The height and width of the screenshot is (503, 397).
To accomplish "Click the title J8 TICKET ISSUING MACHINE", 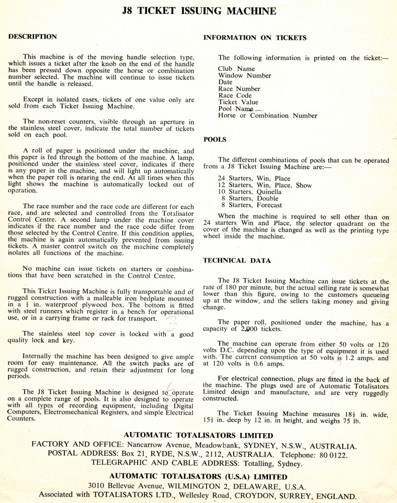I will [x=198, y=11].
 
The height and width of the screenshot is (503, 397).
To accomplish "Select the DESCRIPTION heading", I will [x=33, y=37].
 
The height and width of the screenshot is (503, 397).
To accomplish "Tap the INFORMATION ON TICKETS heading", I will [x=255, y=38].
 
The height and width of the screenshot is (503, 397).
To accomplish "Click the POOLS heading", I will [x=215, y=139].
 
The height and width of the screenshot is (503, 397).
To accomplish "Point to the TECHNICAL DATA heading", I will [x=237, y=261].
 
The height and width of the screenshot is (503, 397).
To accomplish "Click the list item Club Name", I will [x=236, y=69].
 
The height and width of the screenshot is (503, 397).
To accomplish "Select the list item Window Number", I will [x=244, y=75].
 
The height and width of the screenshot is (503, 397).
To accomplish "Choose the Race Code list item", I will [x=235, y=96].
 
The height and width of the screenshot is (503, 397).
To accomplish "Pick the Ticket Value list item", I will [x=238, y=102].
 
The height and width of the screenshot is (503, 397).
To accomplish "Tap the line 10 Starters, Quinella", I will [x=250, y=192].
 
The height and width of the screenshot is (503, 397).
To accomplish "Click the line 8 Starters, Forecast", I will [x=250, y=205].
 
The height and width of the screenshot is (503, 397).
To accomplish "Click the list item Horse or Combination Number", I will [x=267, y=116].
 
